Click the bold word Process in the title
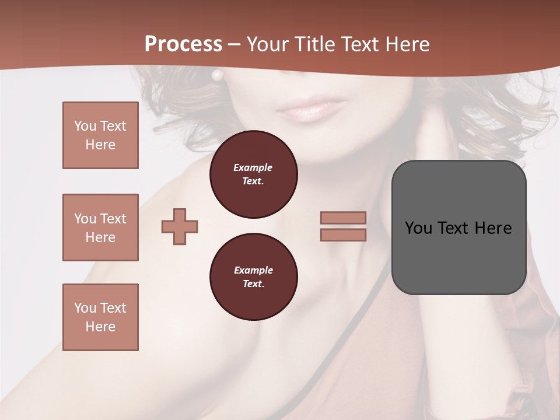pos(183,44)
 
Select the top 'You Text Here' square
pos(100,135)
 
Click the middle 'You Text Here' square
pos(100,228)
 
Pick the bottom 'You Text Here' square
pos(100,317)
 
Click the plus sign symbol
pos(180,226)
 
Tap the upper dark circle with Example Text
pos(253,174)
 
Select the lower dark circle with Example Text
pos(253,277)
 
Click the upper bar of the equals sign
pos(343,218)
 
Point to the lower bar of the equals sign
pos(343,235)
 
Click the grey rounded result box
pos(459,227)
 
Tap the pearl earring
pos(217,75)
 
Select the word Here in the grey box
pos(493,228)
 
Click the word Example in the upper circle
pos(253,167)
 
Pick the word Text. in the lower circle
pos(253,284)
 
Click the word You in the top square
pos(86,126)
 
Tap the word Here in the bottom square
pos(100,327)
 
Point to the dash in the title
pos(234,45)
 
